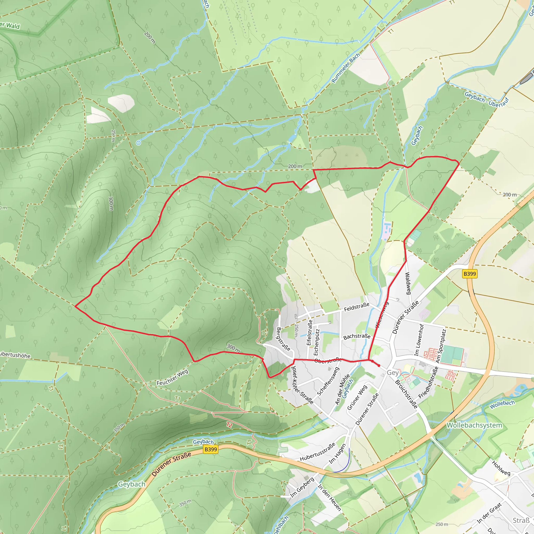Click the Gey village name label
coord(392,373)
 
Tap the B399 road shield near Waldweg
coord(470,274)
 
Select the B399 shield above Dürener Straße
coord(211,449)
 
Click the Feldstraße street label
coord(356,307)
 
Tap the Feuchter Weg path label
coord(172,377)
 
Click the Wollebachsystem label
coord(474,425)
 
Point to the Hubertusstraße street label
coord(318,452)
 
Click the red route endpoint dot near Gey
coord(379,365)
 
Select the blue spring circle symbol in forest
coord(138,143)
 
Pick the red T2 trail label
coord(229,425)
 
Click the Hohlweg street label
coord(501,468)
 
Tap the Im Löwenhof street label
coord(419,340)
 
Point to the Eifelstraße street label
coord(309,332)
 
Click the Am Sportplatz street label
coord(441,345)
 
